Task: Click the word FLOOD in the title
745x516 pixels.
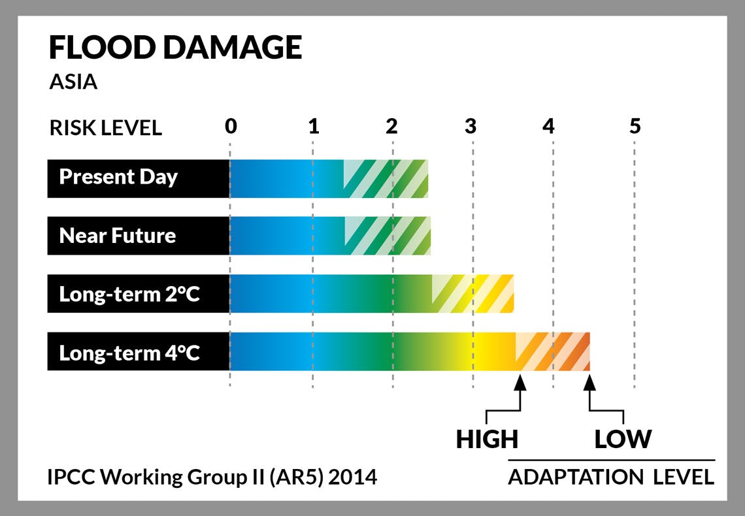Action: click(x=102, y=48)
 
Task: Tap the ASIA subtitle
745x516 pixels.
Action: click(x=74, y=82)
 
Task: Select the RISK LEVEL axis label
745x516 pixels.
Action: click(x=105, y=128)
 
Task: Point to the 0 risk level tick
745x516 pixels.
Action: click(x=231, y=126)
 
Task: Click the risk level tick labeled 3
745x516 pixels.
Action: click(x=471, y=126)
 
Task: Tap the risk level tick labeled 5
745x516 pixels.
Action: click(x=635, y=126)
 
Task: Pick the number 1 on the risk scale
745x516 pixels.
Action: click(x=314, y=126)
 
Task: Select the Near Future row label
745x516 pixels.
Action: click(x=118, y=235)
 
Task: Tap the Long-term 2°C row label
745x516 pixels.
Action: click(x=129, y=295)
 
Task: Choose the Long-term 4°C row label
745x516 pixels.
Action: click(x=129, y=353)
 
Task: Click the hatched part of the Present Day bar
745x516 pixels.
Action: click(x=386, y=178)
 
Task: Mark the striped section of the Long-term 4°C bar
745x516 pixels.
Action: click(x=553, y=352)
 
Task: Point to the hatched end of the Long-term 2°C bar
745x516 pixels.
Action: click(x=472, y=293)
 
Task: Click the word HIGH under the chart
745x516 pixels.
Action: click(x=487, y=439)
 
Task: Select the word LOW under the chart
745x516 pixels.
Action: click(x=623, y=439)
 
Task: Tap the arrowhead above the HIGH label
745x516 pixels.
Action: click(x=520, y=383)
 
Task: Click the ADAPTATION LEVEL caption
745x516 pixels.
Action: click(x=611, y=477)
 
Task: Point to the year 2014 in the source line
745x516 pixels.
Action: click(x=352, y=477)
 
